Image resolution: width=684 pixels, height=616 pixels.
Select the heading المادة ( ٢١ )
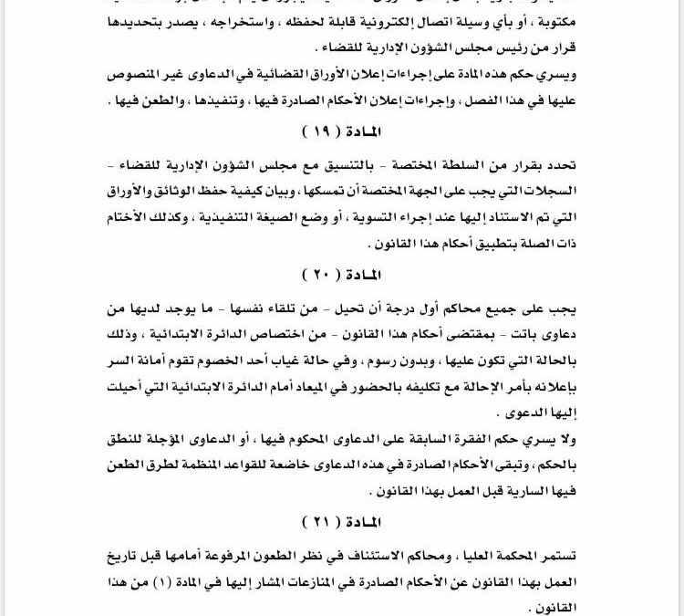[341, 522]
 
